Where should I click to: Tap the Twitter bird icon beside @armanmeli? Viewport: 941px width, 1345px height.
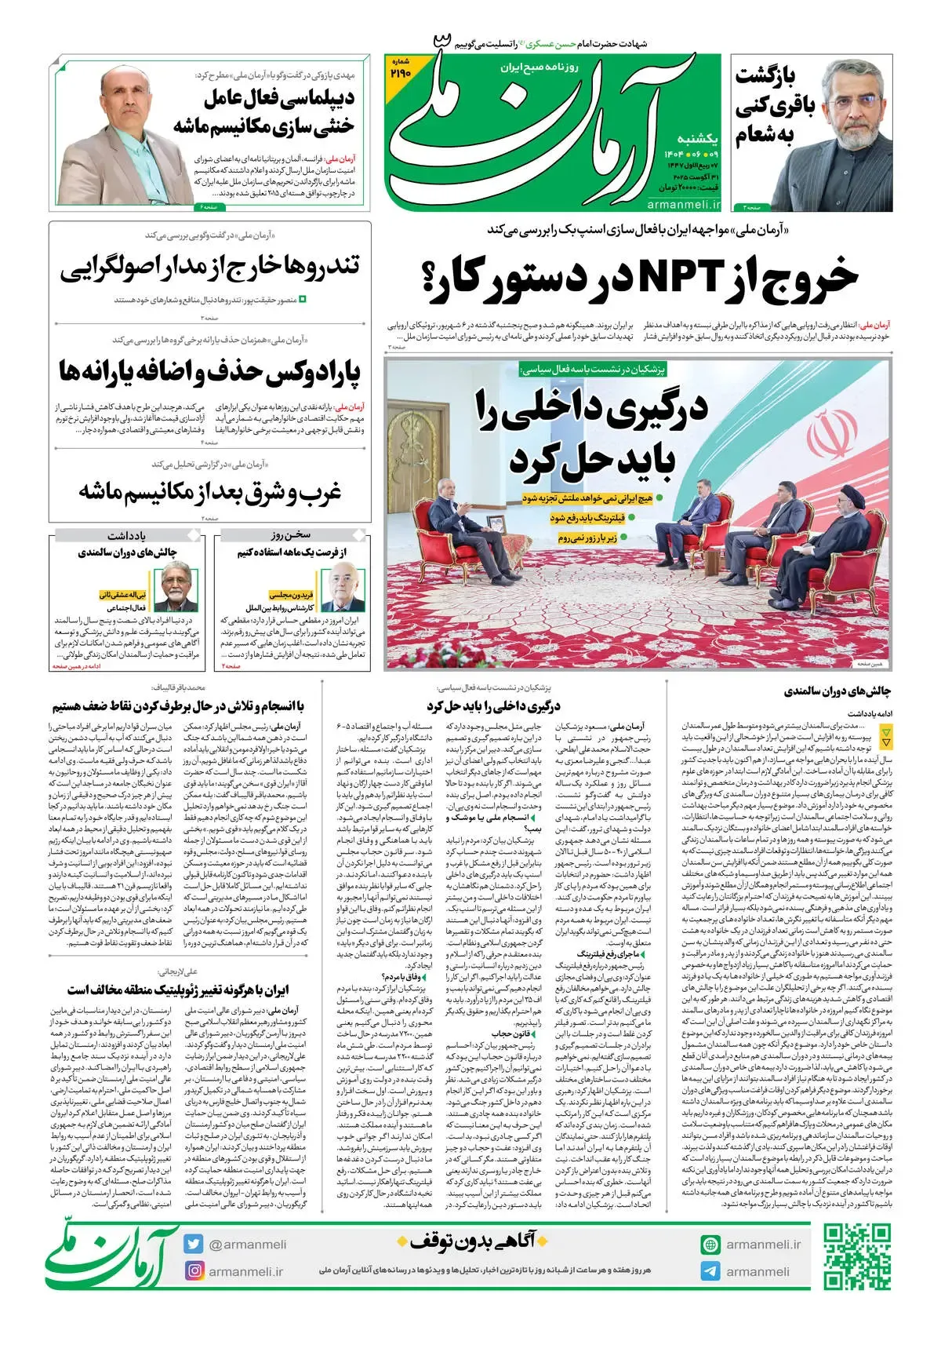pos(194,1244)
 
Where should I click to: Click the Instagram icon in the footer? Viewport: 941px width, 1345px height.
pos(194,1270)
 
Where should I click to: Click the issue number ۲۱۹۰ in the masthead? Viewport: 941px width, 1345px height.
pos(400,72)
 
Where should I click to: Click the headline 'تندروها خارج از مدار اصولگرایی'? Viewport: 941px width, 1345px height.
pos(209,268)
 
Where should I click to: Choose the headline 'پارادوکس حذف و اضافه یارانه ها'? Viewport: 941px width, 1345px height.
pos(209,373)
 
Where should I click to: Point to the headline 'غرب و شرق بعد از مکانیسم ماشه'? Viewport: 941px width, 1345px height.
pos(209,492)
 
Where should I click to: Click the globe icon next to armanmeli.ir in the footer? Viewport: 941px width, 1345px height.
pos(710,1244)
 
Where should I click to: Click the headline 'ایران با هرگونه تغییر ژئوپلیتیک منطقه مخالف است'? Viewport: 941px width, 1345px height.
pos(178,990)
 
